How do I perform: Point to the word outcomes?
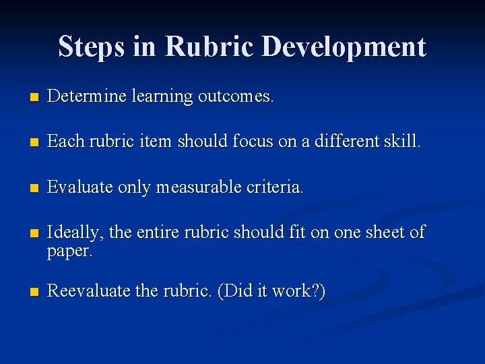pos(236,96)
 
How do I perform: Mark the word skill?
pos(402,142)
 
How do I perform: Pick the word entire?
pos(158,233)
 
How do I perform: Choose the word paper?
pos(69,251)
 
